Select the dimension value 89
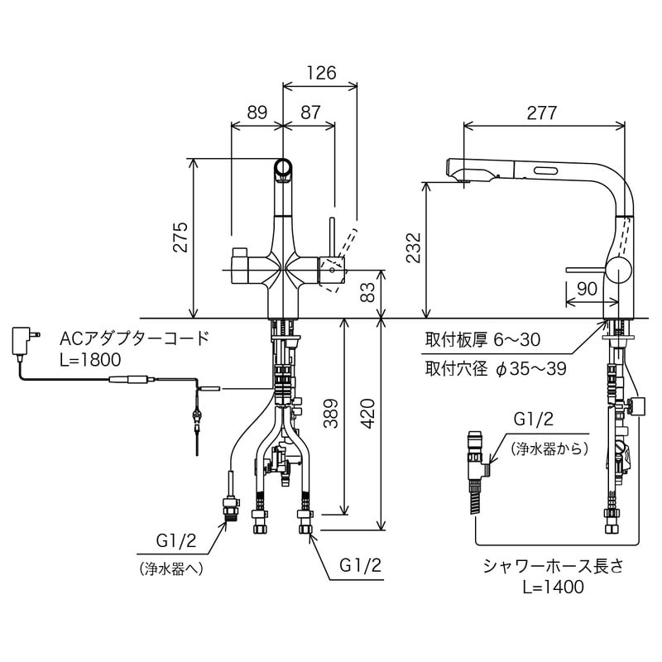[257, 113]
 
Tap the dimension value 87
[310, 113]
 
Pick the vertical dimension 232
[415, 248]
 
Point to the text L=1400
[553, 587]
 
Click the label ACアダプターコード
[134, 338]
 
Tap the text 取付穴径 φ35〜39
[496, 368]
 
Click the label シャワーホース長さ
[553, 566]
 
